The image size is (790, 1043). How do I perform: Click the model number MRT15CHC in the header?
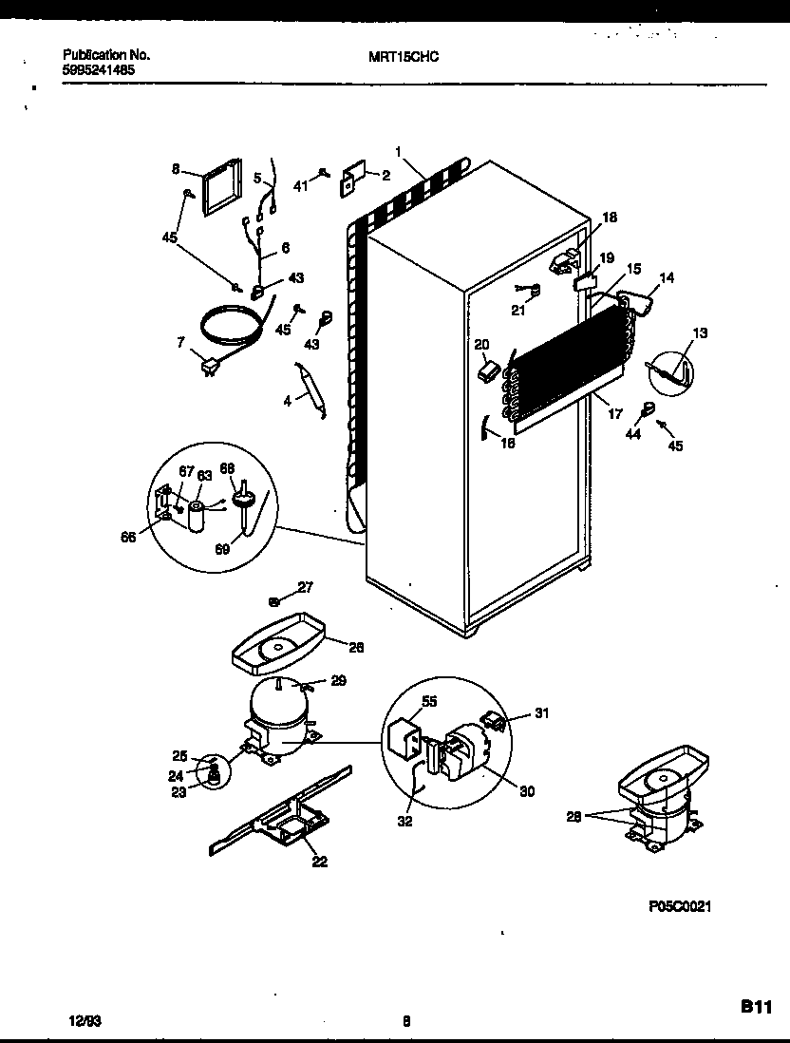[404, 56]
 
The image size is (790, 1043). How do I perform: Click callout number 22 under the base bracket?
[319, 861]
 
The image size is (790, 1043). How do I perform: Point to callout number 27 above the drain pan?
[305, 587]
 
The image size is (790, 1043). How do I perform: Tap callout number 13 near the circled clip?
[701, 333]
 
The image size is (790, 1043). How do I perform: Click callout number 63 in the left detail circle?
[204, 474]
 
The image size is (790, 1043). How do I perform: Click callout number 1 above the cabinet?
[400, 150]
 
